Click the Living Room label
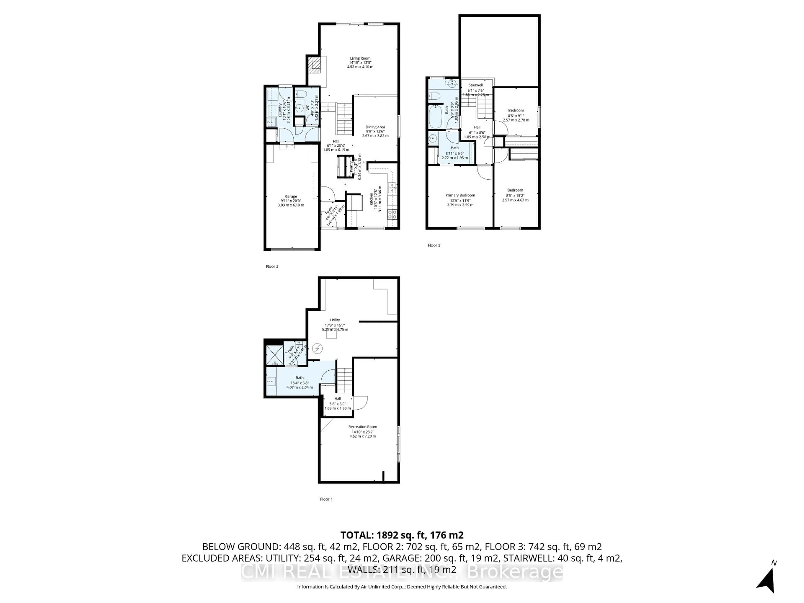[x=360, y=58]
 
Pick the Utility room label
[x=335, y=320]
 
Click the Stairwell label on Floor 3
[x=475, y=85]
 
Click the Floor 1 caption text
[x=326, y=499]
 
